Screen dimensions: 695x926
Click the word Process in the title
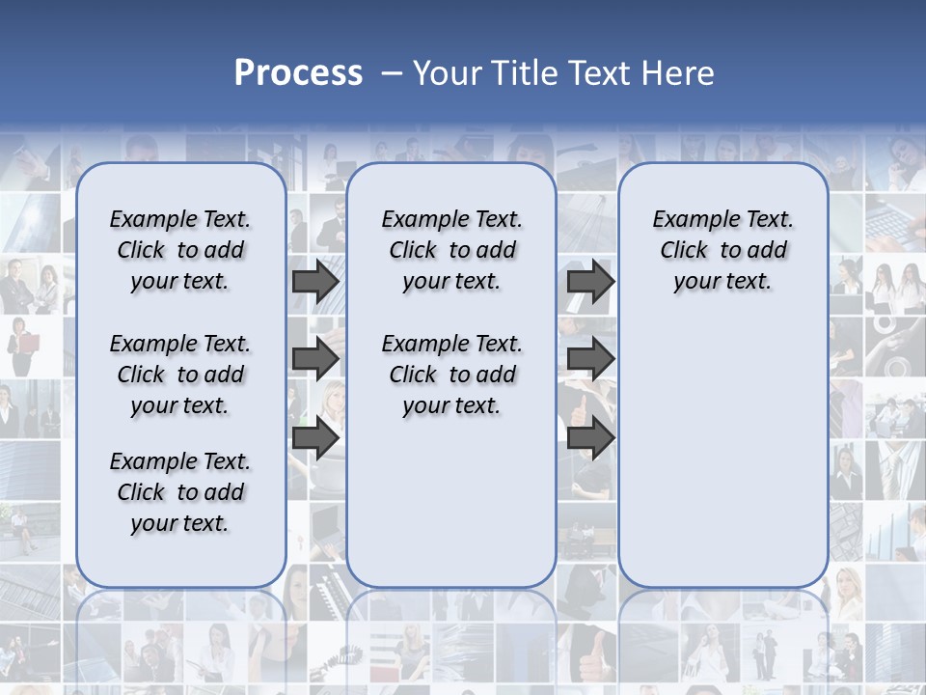tap(298, 73)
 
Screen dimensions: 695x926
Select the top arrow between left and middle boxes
tap(315, 282)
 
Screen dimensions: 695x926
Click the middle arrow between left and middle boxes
tap(315, 359)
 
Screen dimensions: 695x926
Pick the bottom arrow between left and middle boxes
tap(315, 437)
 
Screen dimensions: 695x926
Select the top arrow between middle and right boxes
tap(590, 282)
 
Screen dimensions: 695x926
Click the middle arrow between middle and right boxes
tap(590, 359)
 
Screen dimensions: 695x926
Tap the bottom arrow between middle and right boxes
tap(590, 437)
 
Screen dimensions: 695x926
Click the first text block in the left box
tap(180, 250)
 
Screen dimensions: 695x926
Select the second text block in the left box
tap(180, 375)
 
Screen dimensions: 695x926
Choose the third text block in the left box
tap(180, 492)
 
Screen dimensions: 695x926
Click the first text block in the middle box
tap(451, 250)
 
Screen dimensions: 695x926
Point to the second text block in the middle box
tap(451, 375)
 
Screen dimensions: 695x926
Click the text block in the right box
tap(722, 250)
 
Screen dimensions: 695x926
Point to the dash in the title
tap(392, 73)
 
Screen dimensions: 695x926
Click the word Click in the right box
tap(684, 251)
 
